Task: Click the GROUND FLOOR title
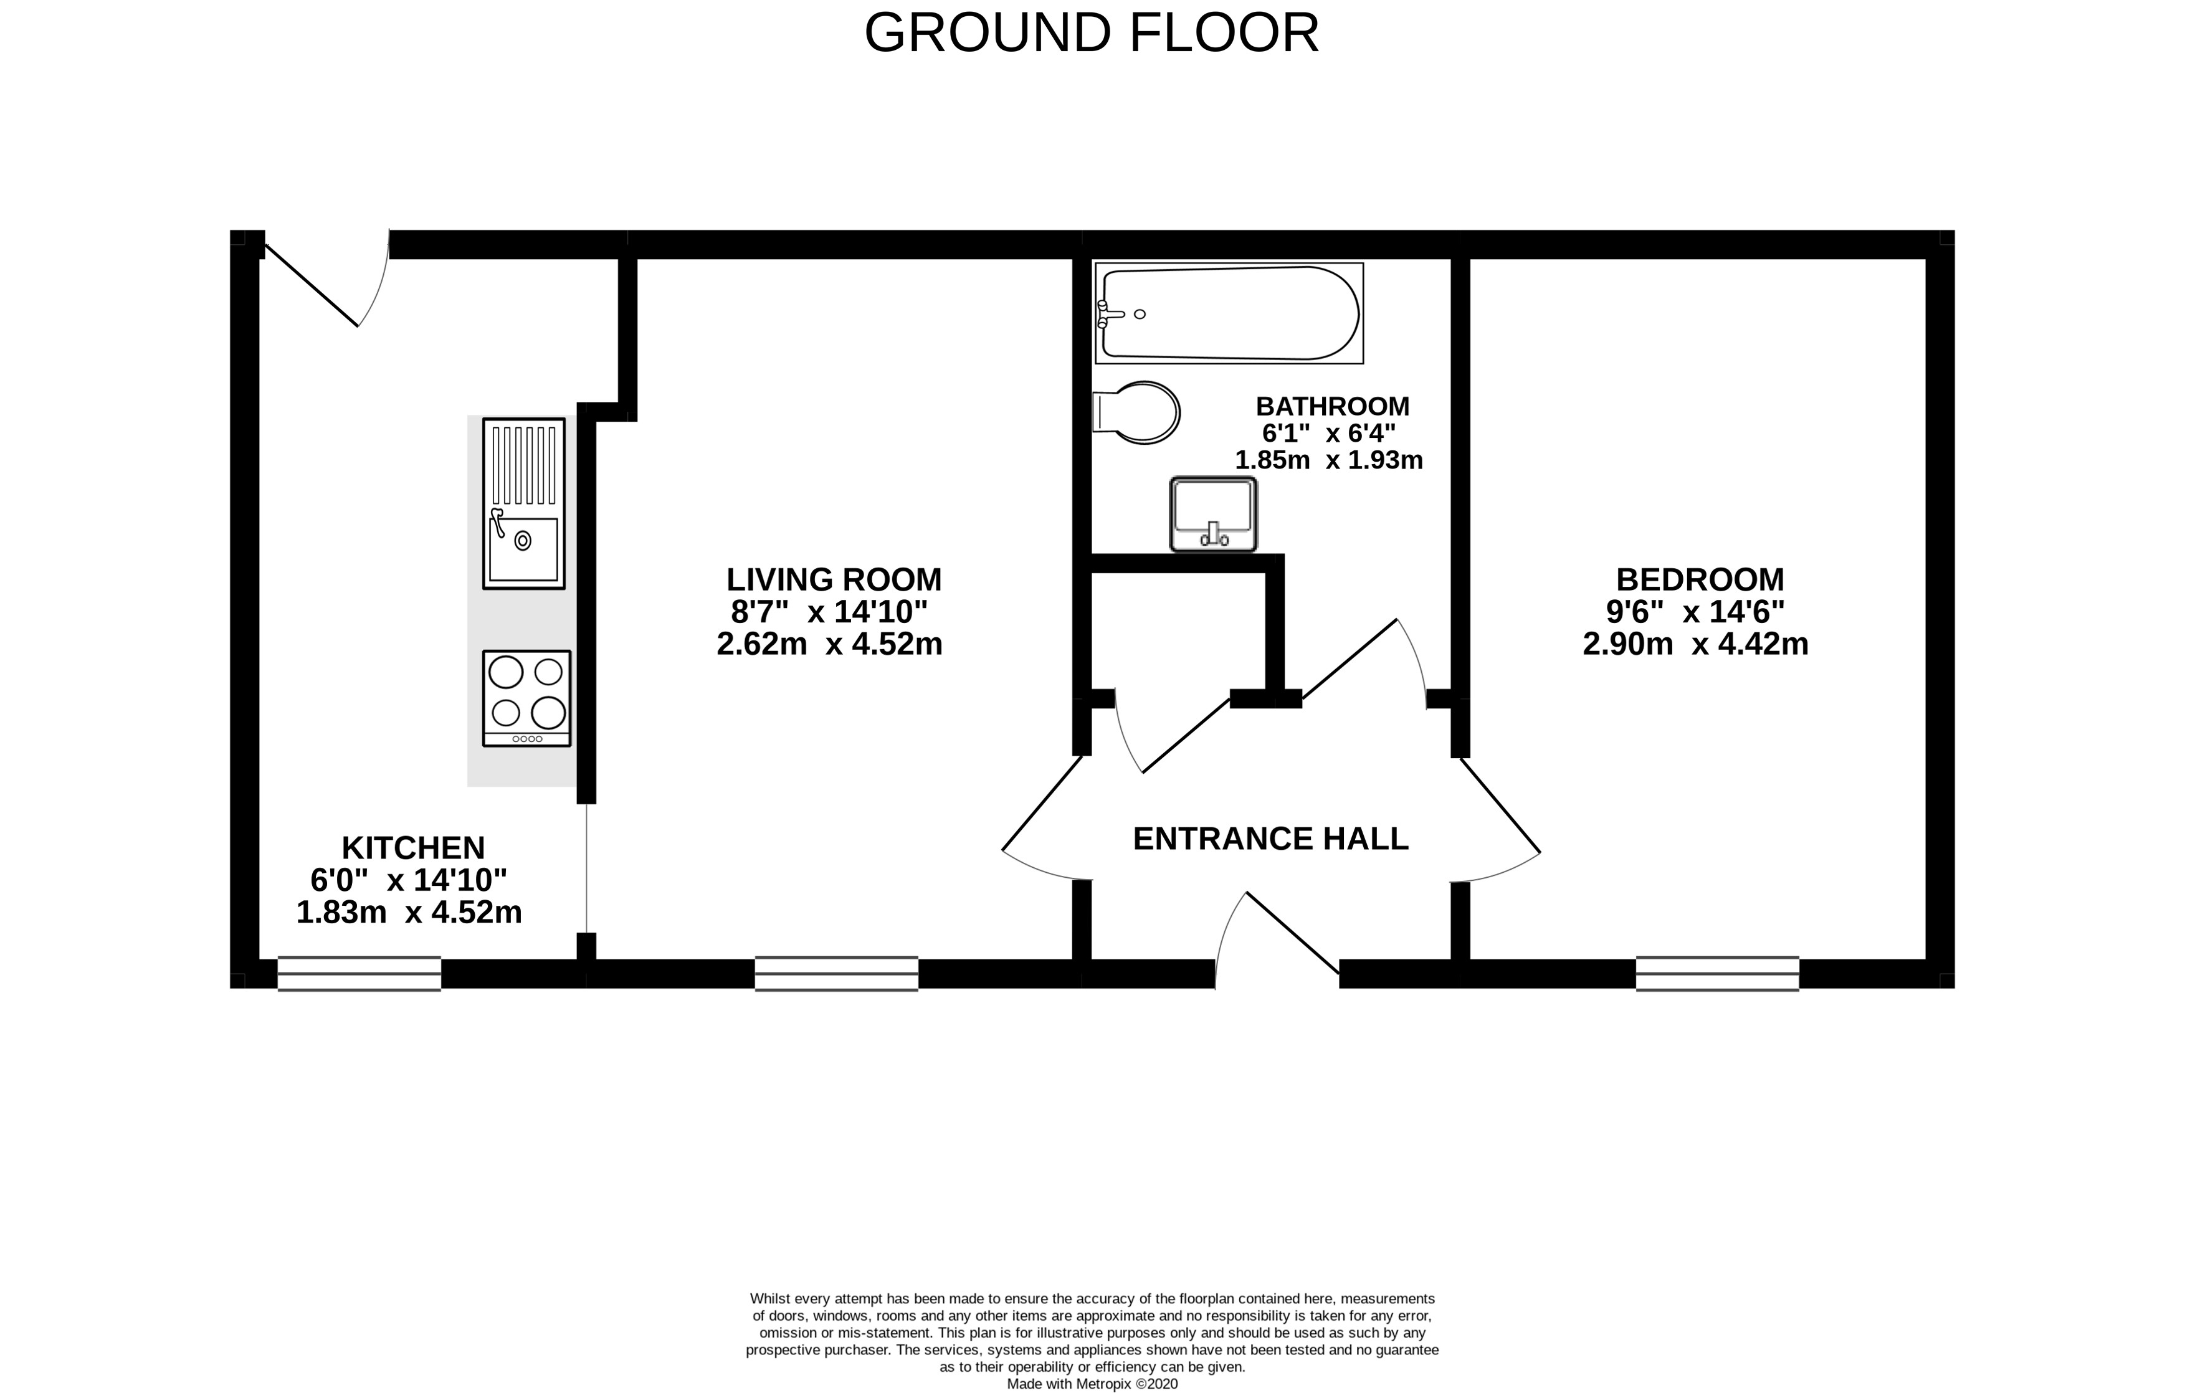pos(1092,34)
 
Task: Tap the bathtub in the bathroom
pos(1229,313)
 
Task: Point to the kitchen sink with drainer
pos(523,503)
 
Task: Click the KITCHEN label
pos(413,849)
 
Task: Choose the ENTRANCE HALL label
pos(1271,839)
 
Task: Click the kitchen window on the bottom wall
pos(359,974)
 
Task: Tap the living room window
pos(837,974)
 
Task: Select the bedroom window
pos(1718,974)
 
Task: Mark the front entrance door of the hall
pos(1278,939)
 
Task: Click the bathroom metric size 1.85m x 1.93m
pos(1328,461)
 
